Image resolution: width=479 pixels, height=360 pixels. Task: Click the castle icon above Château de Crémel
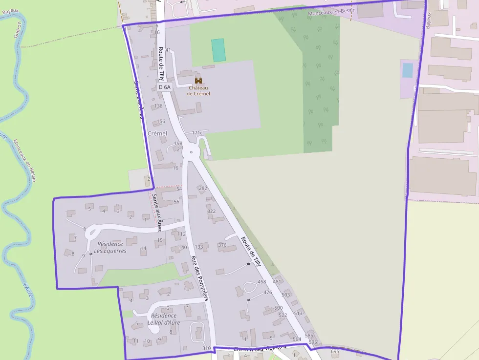point(198,80)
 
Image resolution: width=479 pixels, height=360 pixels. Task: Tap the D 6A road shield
point(165,87)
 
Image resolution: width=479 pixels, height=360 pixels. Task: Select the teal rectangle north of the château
point(218,50)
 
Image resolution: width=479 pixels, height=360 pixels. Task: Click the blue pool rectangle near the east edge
point(408,70)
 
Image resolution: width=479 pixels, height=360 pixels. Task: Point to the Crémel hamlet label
point(157,133)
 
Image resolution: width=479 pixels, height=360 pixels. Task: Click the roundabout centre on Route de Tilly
point(191,152)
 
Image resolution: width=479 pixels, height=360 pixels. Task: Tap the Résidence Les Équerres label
point(111,247)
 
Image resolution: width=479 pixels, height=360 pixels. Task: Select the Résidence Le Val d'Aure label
point(164,319)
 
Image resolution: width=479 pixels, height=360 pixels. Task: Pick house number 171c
point(197,132)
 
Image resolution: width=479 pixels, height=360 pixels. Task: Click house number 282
point(203,188)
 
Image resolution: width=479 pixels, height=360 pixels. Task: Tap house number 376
point(222,245)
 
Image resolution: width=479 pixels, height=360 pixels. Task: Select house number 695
point(335,351)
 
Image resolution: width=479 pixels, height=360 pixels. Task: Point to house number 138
point(158,106)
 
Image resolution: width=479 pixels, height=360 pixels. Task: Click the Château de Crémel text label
point(198,90)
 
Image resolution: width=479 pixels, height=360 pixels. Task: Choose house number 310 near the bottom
point(206,348)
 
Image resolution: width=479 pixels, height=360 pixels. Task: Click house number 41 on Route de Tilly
point(168,50)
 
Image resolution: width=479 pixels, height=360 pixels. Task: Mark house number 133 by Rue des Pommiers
point(199,247)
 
